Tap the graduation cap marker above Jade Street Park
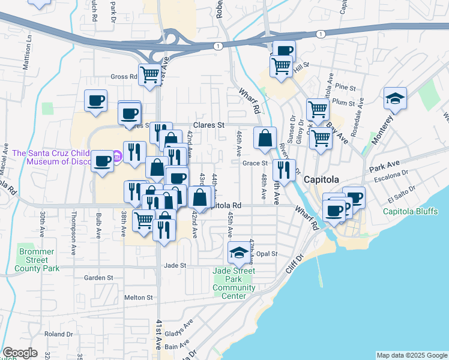coord(239,254)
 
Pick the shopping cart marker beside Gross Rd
coord(149,75)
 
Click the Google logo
coord(20,353)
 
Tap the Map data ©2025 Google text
coord(411,355)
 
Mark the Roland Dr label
coord(58,334)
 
